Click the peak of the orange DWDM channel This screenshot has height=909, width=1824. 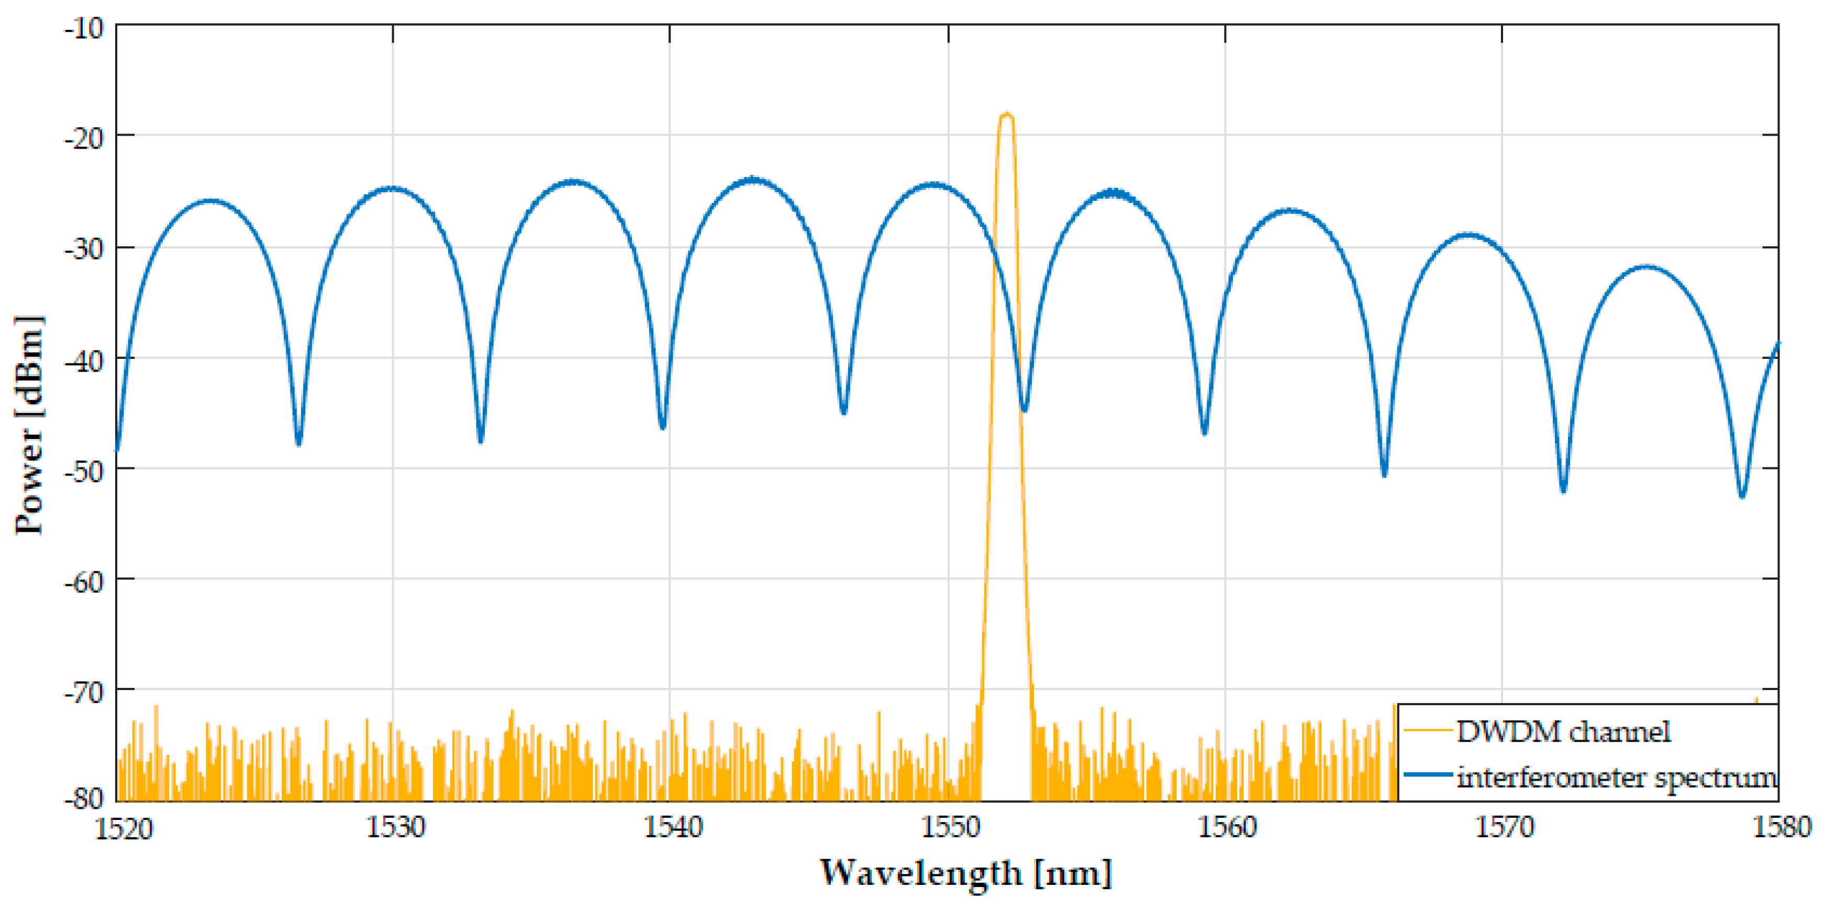point(1006,115)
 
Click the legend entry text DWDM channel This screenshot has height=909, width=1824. point(1563,732)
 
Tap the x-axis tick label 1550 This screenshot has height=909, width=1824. point(949,827)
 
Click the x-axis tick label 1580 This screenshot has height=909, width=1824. point(1782,827)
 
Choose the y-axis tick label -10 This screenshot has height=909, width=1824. point(84,28)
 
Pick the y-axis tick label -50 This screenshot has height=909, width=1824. point(84,470)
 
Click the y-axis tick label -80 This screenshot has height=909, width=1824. point(84,799)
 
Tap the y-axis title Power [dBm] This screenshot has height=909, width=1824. point(30,425)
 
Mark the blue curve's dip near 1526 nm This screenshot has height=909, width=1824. point(299,443)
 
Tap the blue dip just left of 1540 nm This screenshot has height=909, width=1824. point(663,426)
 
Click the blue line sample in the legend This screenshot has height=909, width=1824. point(1428,774)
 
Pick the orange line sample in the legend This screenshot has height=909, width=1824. point(1428,730)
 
